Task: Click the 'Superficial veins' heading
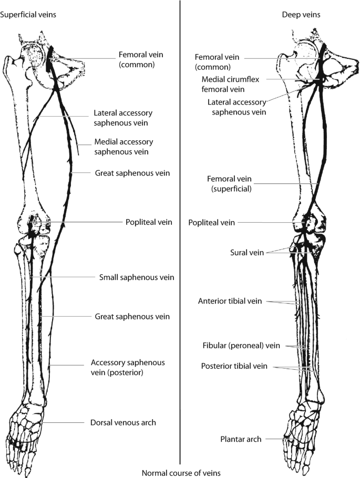pos(28,15)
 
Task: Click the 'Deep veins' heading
pos(301,15)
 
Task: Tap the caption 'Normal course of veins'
pos(181,472)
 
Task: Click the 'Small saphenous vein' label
pos(137,277)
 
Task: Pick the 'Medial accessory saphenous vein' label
pos(124,147)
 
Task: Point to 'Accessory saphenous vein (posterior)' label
pos(128,367)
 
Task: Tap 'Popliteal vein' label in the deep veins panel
pos(212,223)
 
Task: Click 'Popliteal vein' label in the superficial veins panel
pos(150,222)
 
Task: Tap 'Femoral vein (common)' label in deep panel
pos(213,62)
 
